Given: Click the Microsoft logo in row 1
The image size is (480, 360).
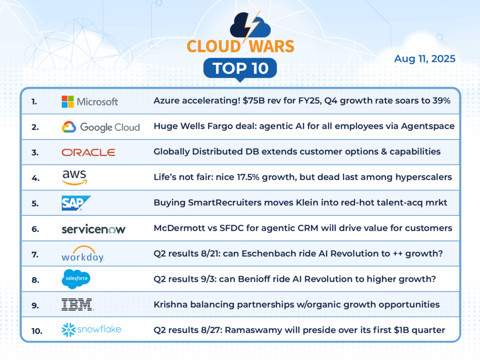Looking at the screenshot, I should (x=90, y=101).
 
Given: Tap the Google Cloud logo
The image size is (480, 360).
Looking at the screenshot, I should (x=101, y=127).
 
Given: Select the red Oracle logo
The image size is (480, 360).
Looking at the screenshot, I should (x=88, y=152).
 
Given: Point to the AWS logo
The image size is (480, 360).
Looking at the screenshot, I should (x=74, y=177).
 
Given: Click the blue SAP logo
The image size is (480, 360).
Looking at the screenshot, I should (x=76, y=203).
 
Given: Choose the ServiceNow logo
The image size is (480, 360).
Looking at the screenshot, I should (x=93, y=229).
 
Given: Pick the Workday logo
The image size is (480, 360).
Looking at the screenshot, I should (x=82, y=254).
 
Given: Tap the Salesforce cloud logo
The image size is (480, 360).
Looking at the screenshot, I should (x=76, y=279).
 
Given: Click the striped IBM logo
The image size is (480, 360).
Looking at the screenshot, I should (x=77, y=305).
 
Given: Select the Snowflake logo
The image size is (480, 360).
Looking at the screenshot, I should (x=91, y=330).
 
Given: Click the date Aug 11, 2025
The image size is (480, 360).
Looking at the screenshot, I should (x=425, y=59).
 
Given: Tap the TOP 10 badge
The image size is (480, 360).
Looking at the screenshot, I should (x=240, y=68).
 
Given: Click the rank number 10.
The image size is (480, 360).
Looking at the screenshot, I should (x=37, y=330).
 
